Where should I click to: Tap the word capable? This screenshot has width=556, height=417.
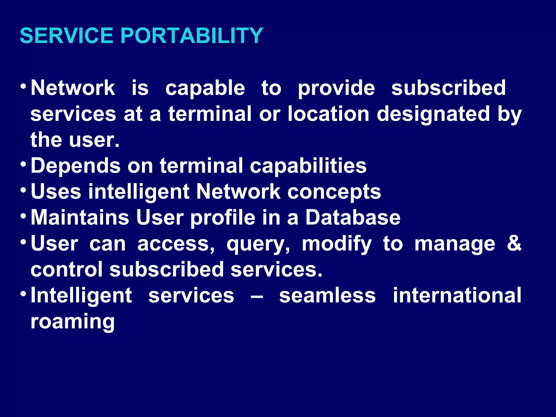click(x=205, y=88)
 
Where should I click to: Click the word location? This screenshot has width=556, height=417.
click(x=328, y=114)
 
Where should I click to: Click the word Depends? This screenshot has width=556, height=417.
click(x=75, y=166)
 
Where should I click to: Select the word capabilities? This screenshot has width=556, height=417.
click(x=308, y=166)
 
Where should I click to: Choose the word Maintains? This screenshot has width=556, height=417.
click(x=80, y=218)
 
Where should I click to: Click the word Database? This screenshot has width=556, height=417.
click(x=353, y=218)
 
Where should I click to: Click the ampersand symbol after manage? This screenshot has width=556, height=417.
click(x=514, y=243)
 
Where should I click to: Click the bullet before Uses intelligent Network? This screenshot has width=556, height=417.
click(x=23, y=190)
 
